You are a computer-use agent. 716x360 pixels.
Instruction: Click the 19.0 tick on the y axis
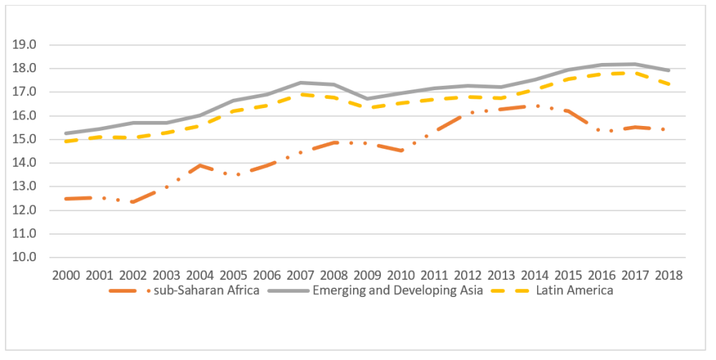(x=23, y=45)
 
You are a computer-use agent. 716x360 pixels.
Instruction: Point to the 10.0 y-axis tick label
(x=23, y=258)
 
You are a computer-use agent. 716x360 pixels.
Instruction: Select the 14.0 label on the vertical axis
(x=23, y=163)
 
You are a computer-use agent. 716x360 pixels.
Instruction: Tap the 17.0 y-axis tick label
(x=23, y=92)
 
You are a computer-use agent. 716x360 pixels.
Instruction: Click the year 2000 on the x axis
(x=66, y=276)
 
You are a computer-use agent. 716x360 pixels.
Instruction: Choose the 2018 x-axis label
(x=667, y=276)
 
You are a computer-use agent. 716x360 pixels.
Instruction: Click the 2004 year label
(x=200, y=276)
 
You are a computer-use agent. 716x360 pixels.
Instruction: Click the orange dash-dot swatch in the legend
(x=130, y=291)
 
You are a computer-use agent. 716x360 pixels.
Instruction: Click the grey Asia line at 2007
(x=300, y=82)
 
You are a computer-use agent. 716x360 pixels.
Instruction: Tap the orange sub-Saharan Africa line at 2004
(x=200, y=165)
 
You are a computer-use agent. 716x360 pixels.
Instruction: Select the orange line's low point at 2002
(x=133, y=202)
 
